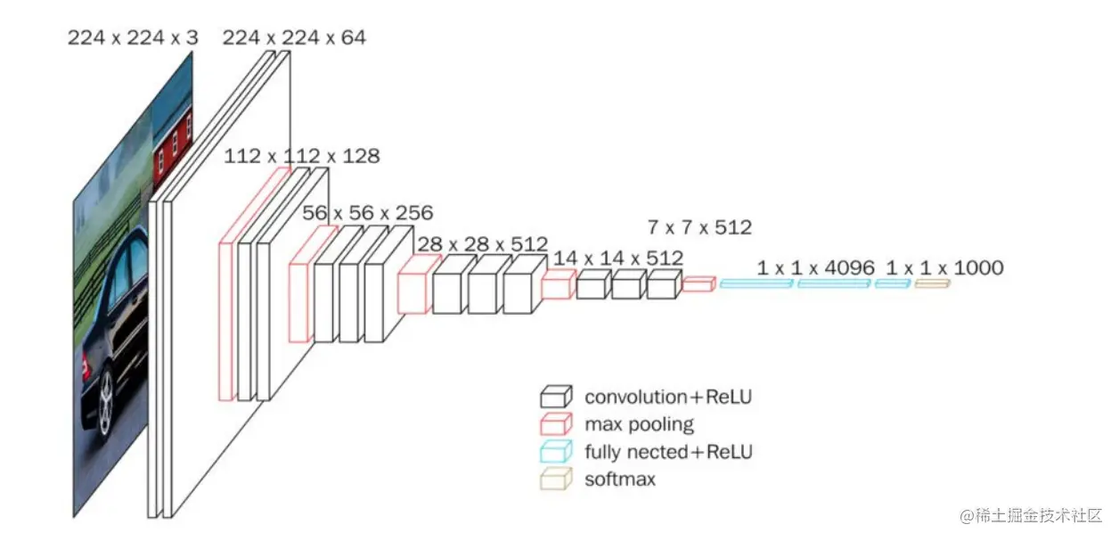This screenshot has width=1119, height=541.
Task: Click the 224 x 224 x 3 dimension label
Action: point(133,37)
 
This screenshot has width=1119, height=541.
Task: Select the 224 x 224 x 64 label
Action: point(293,37)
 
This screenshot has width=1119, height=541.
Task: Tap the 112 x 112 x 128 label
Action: point(301,156)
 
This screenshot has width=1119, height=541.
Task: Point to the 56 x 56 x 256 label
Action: point(367,213)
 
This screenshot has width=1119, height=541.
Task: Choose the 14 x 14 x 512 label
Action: point(618,258)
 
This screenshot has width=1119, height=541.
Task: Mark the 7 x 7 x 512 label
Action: point(700,227)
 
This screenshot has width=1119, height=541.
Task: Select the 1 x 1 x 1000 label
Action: point(944,267)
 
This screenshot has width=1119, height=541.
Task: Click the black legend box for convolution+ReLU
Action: point(554,397)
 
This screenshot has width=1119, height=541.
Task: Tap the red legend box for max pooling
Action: point(554,424)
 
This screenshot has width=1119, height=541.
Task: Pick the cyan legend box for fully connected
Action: point(554,452)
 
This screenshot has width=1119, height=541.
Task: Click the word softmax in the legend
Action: point(620,480)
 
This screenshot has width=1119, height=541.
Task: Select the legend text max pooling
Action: point(639,424)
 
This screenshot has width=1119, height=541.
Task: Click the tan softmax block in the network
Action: point(932,283)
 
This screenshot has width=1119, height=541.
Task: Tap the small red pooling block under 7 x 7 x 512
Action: point(698,284)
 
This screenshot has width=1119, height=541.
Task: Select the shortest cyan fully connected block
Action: point(892,283)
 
